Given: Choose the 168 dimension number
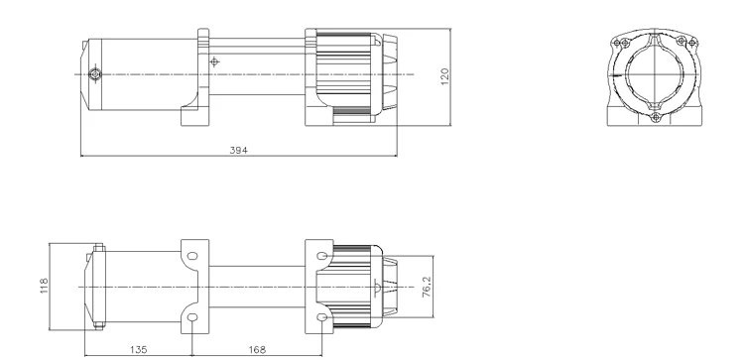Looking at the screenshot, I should click(258, 349).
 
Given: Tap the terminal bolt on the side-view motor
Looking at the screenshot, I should click(94, 75).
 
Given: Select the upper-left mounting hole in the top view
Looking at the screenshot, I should click(192, 256).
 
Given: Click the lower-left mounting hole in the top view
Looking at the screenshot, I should click(192, 318).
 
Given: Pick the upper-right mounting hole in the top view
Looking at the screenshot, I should click(321, 256).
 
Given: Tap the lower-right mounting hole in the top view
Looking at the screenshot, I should click(321, 318).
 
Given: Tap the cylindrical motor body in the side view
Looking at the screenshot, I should click(144, 75).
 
